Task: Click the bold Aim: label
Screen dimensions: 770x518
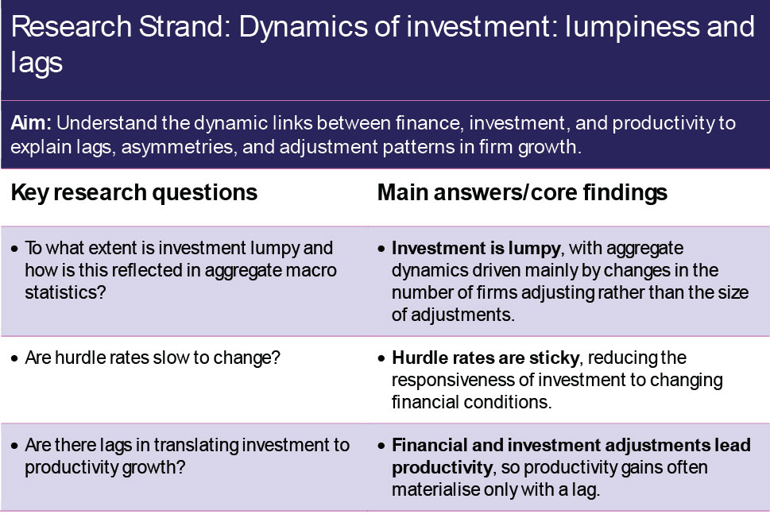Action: point(31,123)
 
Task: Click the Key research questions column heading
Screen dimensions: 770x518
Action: point(134,192)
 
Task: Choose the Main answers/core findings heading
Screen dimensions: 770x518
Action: point(522,192)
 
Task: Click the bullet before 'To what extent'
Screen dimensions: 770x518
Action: point(14,249)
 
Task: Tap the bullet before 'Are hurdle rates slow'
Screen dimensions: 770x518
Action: point(14,358)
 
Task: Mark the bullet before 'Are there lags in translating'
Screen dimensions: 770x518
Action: point(14,446)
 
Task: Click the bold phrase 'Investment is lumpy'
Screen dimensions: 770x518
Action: point(476,249)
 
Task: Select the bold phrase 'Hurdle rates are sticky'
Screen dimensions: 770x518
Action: point(486,358)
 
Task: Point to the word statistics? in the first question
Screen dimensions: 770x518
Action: point(65,292)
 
